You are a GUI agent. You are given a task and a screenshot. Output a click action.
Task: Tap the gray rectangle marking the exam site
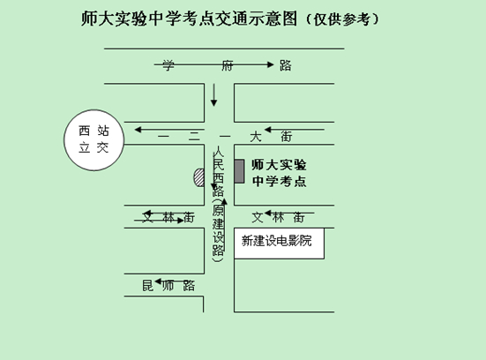point(239,171)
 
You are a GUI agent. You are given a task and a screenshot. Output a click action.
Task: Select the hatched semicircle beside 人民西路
point(199,177)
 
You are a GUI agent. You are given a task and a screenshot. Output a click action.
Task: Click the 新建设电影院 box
point(279,244)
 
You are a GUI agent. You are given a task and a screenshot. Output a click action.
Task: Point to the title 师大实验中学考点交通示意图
point(189,19)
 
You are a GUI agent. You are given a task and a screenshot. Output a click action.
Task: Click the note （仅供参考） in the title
point(342,19)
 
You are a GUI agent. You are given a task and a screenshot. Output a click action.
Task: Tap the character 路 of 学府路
point(285,65)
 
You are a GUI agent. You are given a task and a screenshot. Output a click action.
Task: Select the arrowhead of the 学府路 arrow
point(271,64)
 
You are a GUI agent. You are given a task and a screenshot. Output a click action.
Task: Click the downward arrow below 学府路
point(213,95)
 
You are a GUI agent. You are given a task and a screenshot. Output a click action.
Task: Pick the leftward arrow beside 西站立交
point(169,130)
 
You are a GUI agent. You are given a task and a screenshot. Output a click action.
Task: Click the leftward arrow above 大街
point(295,130)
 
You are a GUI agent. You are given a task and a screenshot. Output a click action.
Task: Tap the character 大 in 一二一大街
point(256,137)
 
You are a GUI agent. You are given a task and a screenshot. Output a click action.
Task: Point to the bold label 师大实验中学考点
point(279,173)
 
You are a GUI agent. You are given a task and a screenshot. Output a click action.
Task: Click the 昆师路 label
point(168,286)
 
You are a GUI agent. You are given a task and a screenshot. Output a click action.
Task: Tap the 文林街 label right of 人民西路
point(278,217)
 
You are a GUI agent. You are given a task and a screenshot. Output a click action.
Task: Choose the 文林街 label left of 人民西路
point(168,217)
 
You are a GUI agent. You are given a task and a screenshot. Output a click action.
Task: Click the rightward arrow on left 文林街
point(159,221)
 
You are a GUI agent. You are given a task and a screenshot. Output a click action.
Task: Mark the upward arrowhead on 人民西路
point(224,201)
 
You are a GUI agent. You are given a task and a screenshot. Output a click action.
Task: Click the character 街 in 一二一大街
point(287,137)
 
